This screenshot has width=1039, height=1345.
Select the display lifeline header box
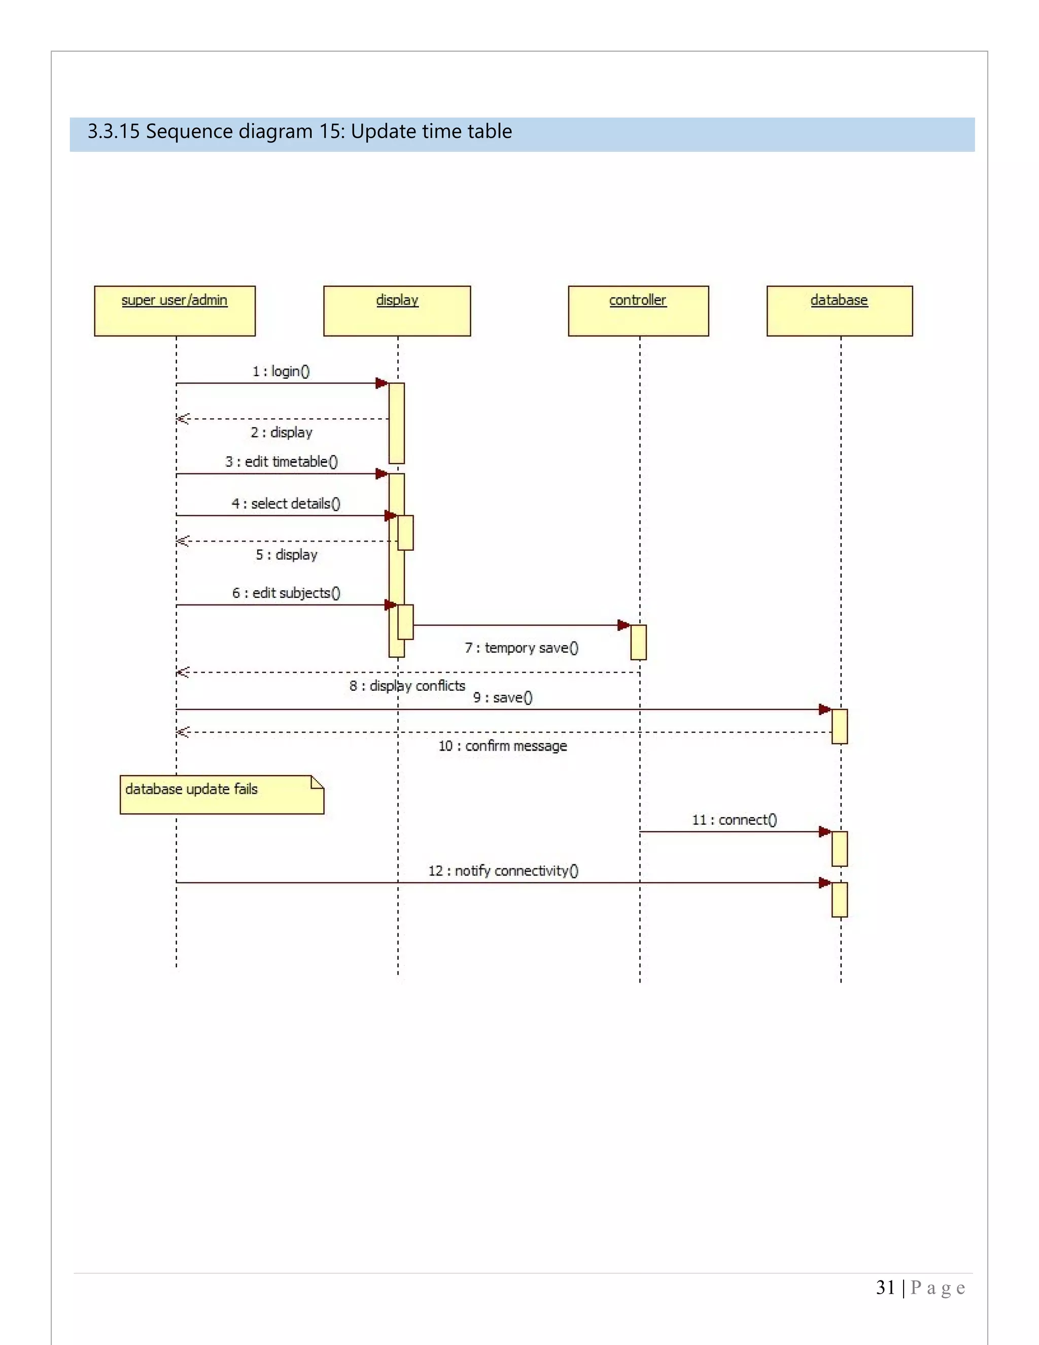(x=397, y=311)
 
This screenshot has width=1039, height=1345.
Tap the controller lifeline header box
(x=638, y=311)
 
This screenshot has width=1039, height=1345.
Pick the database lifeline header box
(x=839, y=311)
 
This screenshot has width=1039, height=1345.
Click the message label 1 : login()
(x=281, y=371)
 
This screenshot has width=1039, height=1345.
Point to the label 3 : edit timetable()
(x=281, y=461)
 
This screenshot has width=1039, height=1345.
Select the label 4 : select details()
(x=286, y=503)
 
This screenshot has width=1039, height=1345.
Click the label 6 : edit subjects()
(x=286, y=592)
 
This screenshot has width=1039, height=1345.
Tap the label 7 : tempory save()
(x=522, y=647)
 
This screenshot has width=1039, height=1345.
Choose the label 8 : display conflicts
(x=407, y=685)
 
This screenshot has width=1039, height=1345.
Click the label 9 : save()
(x=502, y=697)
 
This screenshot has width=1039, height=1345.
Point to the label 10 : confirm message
(x=502, y=746)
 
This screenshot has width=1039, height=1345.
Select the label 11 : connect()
(x=734, y=820)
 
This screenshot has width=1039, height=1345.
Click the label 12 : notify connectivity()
(x=503, y=870)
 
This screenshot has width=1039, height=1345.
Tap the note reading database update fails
(x=221, y=794)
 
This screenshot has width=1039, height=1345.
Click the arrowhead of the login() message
(x=382, y=383)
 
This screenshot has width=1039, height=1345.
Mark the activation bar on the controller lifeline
(x=638, y=643)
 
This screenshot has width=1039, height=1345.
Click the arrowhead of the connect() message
(x=825, y=832)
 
